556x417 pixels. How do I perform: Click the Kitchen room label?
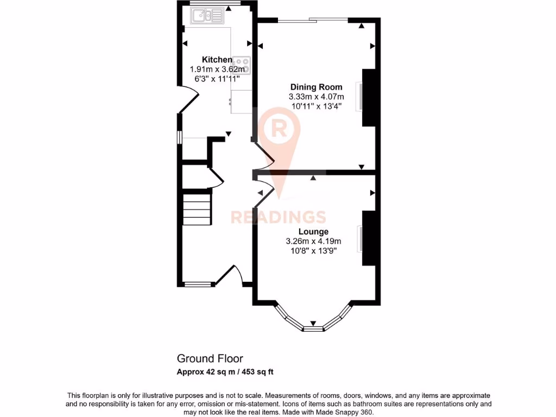[217, 60]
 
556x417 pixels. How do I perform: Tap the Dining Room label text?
[316, 87]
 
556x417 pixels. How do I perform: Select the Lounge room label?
[313, 232]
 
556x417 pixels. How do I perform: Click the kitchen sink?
[207, 17]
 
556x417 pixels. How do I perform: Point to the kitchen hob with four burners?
[243, 65]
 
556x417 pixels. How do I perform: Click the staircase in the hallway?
[196, 208]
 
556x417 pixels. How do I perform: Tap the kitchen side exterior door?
[189, 100]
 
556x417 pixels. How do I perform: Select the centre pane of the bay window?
[313, 328]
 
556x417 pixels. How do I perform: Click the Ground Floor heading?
[210, 358]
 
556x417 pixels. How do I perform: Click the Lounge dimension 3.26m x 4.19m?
[313, 242]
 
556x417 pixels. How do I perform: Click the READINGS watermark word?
[278, 217]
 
